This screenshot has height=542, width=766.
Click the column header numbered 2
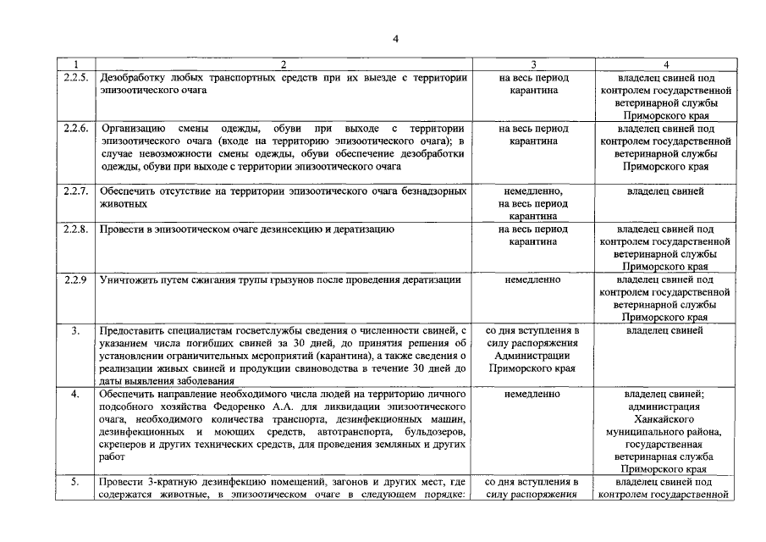click(284, 64)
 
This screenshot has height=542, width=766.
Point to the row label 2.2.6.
click(76, 128)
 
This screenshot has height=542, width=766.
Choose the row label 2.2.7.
click(76, 191)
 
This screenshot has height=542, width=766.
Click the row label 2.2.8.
click(76, 230)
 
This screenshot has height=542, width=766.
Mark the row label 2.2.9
click(76, 279)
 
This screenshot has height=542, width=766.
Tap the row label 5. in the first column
click(75, 483)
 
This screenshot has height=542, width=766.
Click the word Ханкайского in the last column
click(665, 418)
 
